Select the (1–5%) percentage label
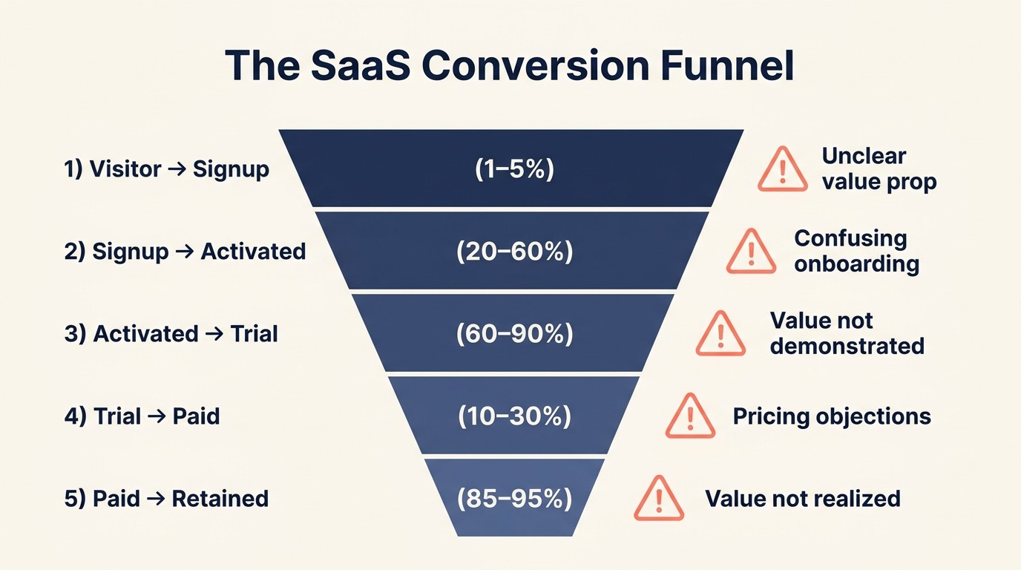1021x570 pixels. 514,169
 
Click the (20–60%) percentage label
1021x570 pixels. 514,252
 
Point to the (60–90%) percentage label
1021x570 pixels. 514,334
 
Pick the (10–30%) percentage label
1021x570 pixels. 514,416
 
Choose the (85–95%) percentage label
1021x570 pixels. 514,498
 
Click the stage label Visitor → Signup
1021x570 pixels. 167,169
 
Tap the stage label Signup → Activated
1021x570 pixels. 185,252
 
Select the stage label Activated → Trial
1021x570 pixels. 171,334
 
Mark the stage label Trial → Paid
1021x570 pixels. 142,416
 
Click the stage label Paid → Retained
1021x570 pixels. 166,498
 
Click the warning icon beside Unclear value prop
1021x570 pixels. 782,170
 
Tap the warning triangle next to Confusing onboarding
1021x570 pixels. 750,252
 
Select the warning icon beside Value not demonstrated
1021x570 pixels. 720,334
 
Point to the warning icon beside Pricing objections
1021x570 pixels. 690,416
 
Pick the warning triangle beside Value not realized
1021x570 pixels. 659,498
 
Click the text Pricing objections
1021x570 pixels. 831,416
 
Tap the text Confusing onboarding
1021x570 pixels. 856,251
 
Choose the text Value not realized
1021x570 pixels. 802,498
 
